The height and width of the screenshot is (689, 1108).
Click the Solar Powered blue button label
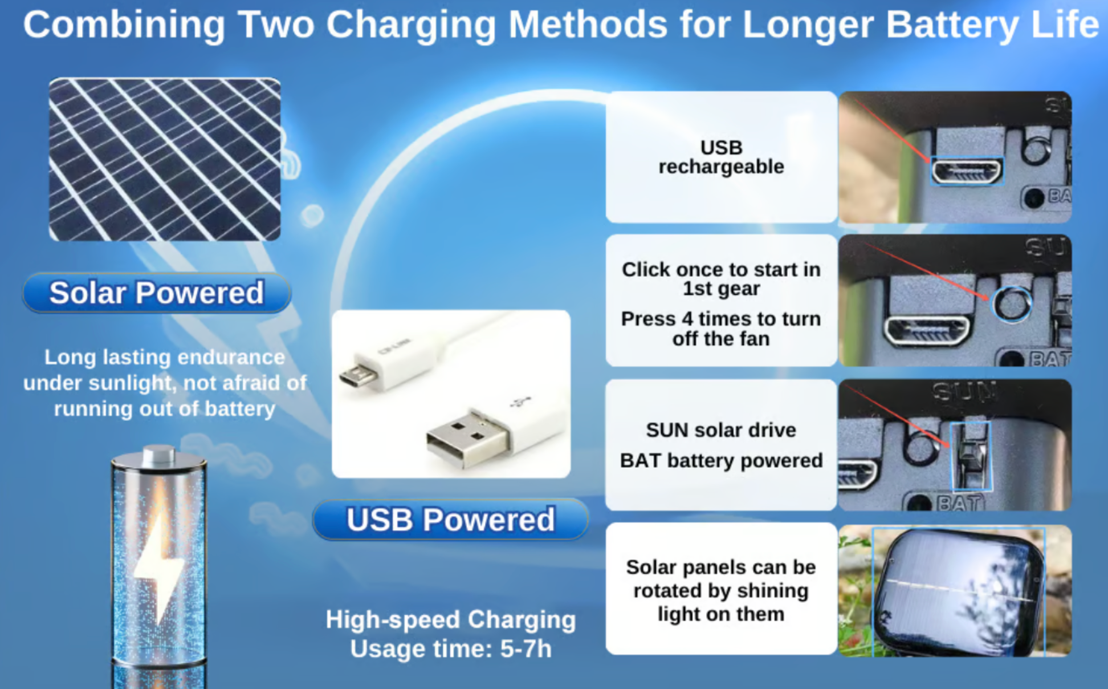[157, 293]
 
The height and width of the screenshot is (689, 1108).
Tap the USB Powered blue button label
[450, 520]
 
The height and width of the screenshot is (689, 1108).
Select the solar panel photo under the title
[165, 160]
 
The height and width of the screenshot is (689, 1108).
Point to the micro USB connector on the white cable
[358, 375]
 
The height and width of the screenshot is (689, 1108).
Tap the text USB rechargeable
[721, 157]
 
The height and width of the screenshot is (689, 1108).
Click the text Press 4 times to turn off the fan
[721, 329]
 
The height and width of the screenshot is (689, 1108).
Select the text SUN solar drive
[721, 429]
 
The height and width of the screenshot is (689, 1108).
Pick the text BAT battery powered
[721, 460]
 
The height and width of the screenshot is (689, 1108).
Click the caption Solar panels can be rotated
[721, 590]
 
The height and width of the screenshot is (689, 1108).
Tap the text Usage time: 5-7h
[451, 649]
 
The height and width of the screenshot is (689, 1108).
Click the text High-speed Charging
[451, 619]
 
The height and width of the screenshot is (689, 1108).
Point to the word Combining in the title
[124, 25]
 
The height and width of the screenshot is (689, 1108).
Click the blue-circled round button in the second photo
[1012, 304]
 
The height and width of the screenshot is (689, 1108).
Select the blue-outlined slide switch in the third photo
[971, 456]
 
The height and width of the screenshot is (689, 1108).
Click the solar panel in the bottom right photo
[959, 591]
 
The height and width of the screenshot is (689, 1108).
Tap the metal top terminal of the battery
[158, 455]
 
